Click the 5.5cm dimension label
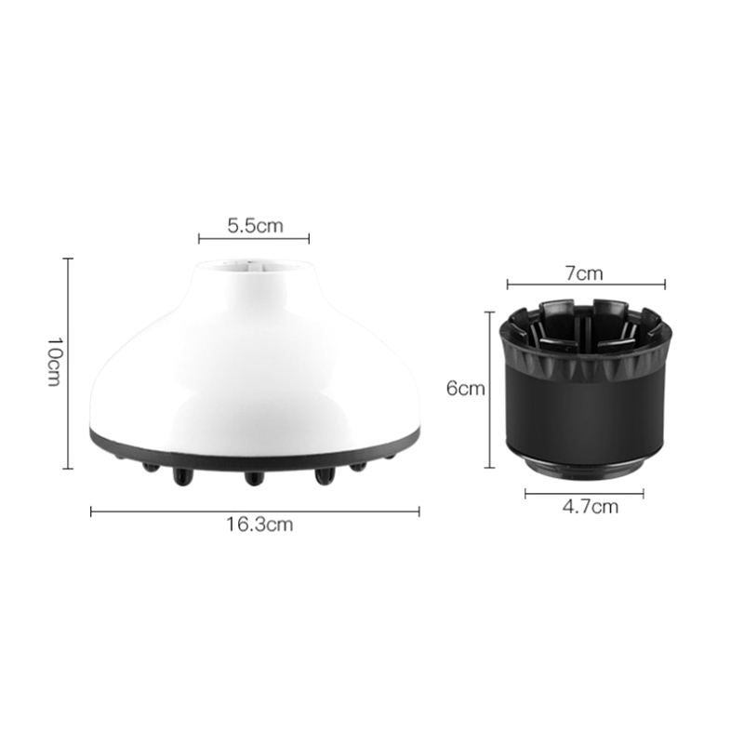coord(255,225)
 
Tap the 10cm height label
coord(54,362)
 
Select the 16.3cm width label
coord(259,525)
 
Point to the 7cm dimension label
coord(584,273)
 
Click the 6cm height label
coord(466,389)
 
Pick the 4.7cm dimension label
coord(591,507)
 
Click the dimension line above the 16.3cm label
coord(255,511)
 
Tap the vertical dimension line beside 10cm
coord(68,364)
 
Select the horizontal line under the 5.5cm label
coord(254,239)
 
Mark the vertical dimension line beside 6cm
coord(489,390)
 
